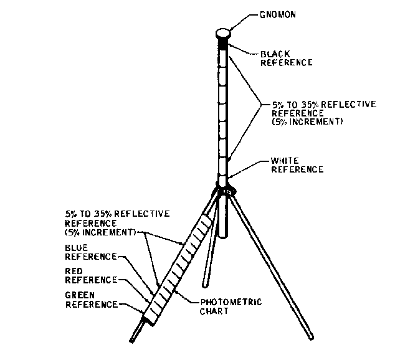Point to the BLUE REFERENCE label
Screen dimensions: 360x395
point(90,251)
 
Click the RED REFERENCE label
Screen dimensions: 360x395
point(90,275)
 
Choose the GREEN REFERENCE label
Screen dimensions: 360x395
point(90,299)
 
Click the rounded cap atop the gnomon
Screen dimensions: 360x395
point(224,33)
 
